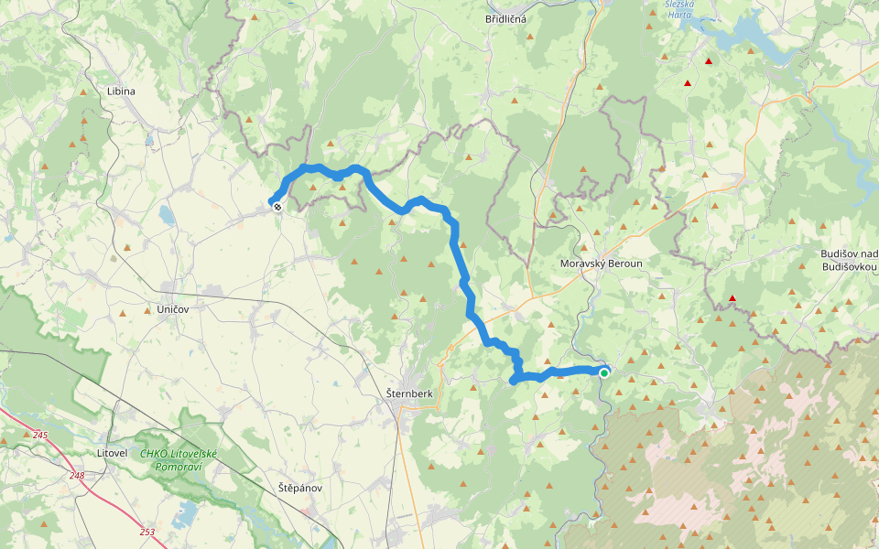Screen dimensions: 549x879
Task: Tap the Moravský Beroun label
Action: pyautogui.click(x=601, y=264)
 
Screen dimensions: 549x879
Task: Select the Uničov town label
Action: pyautogui.click(x=172, y=310)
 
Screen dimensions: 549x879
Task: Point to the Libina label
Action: pyautogui.click(x=121, y=91)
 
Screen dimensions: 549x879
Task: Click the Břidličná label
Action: pyautogui.click(x=505, y=18)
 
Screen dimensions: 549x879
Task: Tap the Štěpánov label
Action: pyautogui.click(x=300, y=488)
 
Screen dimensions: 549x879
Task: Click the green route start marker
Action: pyautogui.click(x=604, y=372)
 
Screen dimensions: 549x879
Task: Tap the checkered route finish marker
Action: pyautogui.click(x=277, y=207)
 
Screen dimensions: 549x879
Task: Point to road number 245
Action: pyautogui.click(x=39, y=435)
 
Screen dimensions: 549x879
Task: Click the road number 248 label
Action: pyautogui.click(x=76, y=476)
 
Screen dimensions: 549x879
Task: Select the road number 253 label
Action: pyautogui.click(x=147, y=531)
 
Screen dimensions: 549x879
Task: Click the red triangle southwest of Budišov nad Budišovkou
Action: pyautogui.click(x=732, y=298)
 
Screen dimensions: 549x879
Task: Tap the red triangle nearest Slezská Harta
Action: pyautogui.click(x=709, y=61)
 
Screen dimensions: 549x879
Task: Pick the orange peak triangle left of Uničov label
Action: pyautogui.click(x=146, y=311)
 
